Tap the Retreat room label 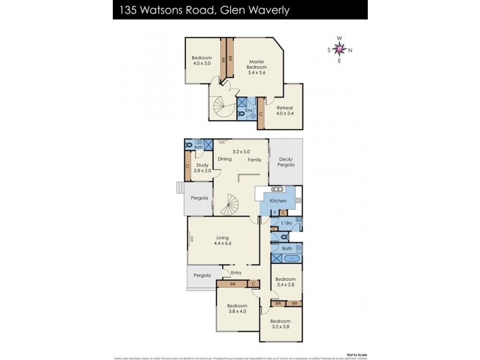point(284,110)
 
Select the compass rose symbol point(340,50)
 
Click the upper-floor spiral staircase point(225,108)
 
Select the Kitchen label point(278,200)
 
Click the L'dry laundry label point(287,223)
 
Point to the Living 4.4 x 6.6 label point(223,240)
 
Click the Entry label point(236,272)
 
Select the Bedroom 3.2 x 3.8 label point(281,327)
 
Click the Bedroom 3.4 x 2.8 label point(285,282)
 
